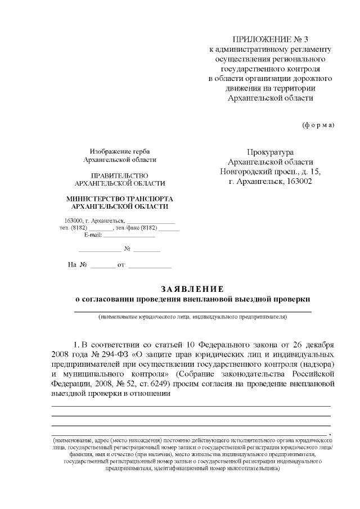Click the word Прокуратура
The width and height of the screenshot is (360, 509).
pyautogui.click(x=270, y=152)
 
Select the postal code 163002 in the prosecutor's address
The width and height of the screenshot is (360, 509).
pyautogui.click(x=299, y=181)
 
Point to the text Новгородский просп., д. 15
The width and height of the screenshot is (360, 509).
pyautogui.click(x=270, y=172)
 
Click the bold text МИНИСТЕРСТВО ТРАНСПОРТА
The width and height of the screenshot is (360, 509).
pyautogui.click(x=120, y=199)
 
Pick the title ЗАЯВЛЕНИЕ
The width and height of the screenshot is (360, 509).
pyautogui.click(x=192, y=289)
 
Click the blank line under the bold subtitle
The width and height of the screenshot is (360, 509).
pyautogui.click(x=193, y=311)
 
